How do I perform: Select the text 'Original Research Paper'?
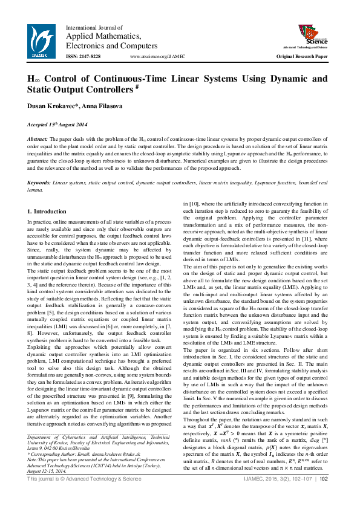[x=302, y=56]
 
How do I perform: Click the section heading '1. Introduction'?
[x=47, y=212]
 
